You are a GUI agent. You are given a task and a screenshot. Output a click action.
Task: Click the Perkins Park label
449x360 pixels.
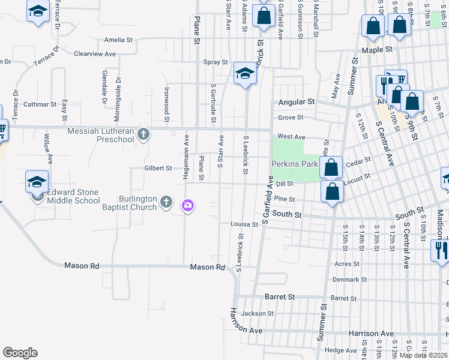pyautogui.click(x=294, y=164)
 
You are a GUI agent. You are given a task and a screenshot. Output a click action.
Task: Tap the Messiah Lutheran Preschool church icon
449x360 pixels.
pyautogui.click(x=143, y=134)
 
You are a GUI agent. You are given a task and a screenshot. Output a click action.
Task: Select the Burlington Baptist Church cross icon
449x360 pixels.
pyautogui.click(x=167, y=203)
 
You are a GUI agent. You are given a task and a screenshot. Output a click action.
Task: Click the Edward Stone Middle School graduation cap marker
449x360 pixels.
pyautogui.click(x=37, y=181)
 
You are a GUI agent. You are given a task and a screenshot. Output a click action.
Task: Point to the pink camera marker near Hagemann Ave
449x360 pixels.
pyautogui.click(x=188, y=206)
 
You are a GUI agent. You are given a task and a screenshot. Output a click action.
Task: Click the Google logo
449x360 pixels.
pyautogui.click(x=20, y=353)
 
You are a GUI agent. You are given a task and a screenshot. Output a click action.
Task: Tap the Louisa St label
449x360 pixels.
pyautogui.click(x=244, y=224)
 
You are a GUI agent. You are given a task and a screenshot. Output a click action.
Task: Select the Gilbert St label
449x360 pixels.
pyautogui.click(x=158, y=169)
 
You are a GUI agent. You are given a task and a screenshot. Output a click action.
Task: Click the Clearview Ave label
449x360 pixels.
pyautogui.click(x=94, y=53)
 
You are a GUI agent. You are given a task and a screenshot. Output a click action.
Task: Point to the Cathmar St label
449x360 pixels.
pyautogui.click(x=40, y=104)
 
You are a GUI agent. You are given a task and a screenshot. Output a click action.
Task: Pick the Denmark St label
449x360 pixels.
pyautogui.click(x=351, y=280)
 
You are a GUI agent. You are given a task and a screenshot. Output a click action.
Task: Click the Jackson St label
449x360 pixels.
pyautogui.click(x=258, y=313)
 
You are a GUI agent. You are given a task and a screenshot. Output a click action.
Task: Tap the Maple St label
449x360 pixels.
pyautogui.click(x=380, y=49)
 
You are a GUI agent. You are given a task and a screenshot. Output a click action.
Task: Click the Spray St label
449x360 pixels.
pyautogui.click(x=215, y=62)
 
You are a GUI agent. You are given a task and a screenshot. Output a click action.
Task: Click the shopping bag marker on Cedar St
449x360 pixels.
pyautogui.click(x=331, y=167)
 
